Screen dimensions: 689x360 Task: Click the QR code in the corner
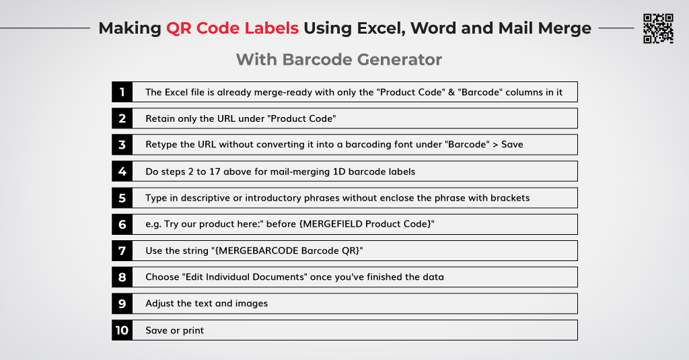tap(658, 28)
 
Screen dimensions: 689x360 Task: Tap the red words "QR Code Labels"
tap(232, 28)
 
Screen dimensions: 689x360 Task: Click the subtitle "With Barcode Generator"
tap(339, 59)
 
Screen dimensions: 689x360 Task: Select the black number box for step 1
tap(122, 92)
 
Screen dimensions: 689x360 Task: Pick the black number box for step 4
tap(122, 171)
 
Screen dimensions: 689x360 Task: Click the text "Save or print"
tap(174, 330)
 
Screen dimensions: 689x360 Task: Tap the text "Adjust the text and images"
tap(207, 303)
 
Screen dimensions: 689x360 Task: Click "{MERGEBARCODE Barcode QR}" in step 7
tap(289, 250)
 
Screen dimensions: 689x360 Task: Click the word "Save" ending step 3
tap(512, 145)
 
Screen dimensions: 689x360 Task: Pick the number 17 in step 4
tap(215, 172)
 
